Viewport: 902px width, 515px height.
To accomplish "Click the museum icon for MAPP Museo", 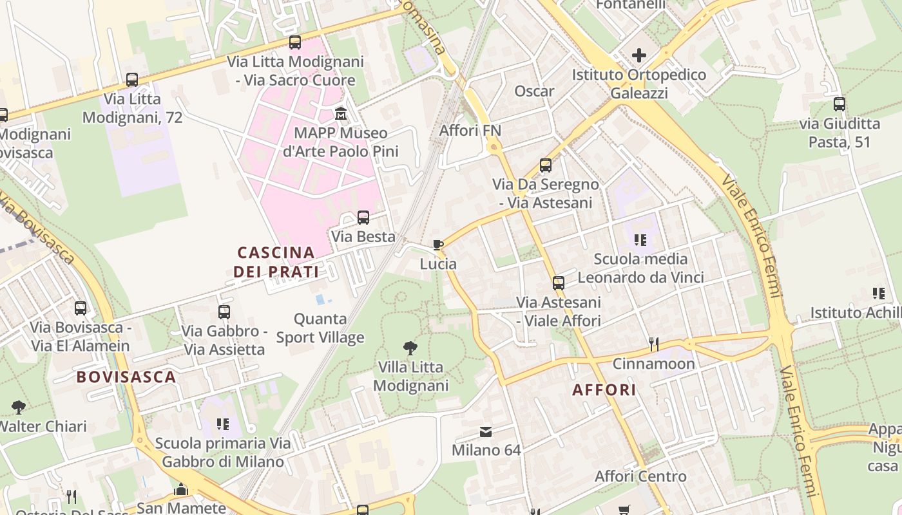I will tap(341, 115).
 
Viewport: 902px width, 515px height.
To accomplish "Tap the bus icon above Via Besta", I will tap(363, 218).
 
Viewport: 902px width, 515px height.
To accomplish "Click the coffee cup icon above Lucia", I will tap(438, 245).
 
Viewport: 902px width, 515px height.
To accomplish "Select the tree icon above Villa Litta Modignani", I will tap(410, 348).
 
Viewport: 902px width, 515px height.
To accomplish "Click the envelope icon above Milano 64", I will tap(486, 431).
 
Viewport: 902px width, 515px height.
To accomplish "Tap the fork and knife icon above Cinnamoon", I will tap(653, 344).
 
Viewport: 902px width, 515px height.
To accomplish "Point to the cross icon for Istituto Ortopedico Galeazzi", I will tap(639, 56).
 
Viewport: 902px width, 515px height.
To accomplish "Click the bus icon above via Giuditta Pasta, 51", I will tap(839, 104).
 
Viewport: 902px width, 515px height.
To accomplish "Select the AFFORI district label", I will tap(604, 389).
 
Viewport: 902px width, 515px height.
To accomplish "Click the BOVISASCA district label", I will tap(126, 377).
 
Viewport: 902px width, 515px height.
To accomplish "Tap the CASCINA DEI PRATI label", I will tap(276, 262).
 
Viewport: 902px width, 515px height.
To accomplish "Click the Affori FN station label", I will tap(470, 131).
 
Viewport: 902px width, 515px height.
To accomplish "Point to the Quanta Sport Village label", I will tap(320, 328).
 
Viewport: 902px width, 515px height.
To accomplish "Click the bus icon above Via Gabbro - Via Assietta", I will tap(224, 312).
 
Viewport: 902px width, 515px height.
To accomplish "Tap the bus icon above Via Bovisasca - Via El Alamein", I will tap(81, 308).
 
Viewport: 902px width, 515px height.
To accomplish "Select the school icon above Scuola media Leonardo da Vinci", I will tap(640, 240).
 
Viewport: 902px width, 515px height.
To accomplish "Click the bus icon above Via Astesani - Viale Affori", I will tap(559, 283).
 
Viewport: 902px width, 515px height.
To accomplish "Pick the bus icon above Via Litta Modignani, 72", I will tap(132, 80).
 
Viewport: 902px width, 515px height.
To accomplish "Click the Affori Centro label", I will tap(640, 477).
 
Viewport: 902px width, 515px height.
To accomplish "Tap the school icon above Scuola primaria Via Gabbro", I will tap(223, 424).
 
